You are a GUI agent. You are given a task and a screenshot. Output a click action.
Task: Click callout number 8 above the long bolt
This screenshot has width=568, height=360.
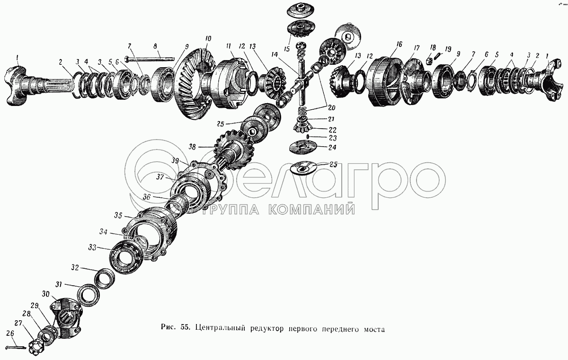[155, 46]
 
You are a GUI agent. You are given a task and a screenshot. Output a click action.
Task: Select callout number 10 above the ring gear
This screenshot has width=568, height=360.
[208, 39]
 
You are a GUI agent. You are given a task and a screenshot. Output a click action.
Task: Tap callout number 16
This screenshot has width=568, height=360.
[399, 44]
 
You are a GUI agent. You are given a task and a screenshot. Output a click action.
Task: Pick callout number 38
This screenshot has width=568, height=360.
[193, 147]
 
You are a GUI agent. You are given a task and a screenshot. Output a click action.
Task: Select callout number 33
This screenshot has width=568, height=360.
[92, 247]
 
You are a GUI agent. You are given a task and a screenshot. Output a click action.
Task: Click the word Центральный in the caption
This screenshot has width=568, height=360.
[220, 329]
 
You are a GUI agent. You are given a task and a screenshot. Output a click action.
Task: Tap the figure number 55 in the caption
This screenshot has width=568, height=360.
[186, 327]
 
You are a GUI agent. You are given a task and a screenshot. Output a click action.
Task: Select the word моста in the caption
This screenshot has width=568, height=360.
[374, 329]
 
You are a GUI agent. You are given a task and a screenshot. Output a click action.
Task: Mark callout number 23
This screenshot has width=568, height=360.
[333, 138]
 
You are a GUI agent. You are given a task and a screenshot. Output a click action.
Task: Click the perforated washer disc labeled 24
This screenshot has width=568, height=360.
[303, 147]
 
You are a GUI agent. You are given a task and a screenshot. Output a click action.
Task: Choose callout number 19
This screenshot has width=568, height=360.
[448, 49]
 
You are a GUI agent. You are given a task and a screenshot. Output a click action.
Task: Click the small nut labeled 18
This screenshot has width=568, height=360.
[428, 61]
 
